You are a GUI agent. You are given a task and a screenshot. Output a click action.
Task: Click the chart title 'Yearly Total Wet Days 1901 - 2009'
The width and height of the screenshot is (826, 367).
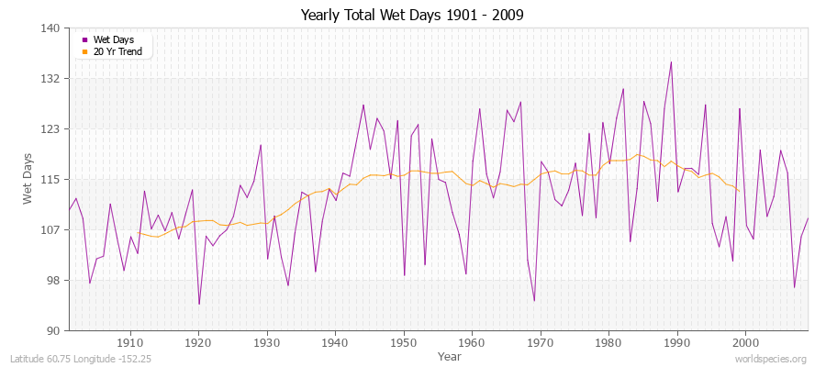[413, 16]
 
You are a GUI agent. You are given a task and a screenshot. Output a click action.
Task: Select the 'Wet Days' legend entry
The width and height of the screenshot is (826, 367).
[113, 39]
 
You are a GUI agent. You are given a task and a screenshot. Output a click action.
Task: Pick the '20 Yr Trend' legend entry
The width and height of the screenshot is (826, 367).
[118, 51]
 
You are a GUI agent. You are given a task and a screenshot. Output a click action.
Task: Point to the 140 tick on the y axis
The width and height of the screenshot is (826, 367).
[51, 28]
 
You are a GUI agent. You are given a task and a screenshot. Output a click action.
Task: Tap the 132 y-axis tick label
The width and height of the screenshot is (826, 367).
[51, 79]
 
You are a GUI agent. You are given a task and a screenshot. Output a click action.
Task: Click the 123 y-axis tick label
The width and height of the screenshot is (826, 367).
[51, 129]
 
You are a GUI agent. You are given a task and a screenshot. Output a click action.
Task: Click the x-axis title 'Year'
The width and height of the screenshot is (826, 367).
[450, 355]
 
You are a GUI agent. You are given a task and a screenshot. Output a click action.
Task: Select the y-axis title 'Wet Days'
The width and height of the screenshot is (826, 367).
[28, 180]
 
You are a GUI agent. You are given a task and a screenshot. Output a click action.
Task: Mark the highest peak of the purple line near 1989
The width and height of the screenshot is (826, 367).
[671, 62]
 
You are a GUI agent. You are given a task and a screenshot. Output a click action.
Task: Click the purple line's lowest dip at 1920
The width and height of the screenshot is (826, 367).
[199, 304]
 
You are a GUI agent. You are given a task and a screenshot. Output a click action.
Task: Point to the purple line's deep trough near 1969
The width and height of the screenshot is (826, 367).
[534, 300]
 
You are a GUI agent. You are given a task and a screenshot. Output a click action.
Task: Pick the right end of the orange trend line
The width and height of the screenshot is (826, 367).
[739, 191]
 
